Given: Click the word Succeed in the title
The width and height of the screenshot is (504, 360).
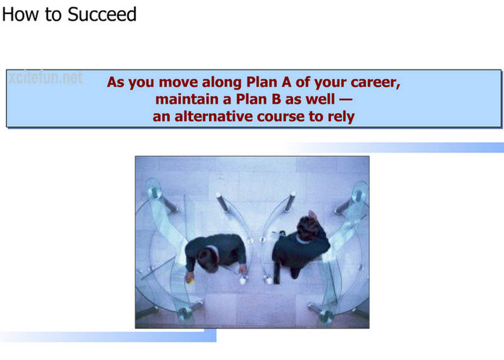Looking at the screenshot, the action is [x=102, y=15].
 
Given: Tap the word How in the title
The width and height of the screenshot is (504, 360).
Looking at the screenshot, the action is [x=20, y=15].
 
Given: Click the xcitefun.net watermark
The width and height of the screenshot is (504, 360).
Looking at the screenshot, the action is [x=45, y=78].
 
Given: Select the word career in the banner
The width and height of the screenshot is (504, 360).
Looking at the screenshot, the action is [x=375, y=83].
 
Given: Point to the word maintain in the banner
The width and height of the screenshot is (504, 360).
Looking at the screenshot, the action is [x=186, y=99].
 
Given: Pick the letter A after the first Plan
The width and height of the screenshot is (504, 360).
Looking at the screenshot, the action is [x=286, y=82].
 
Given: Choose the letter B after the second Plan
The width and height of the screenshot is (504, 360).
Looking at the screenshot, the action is [x=276, y=99].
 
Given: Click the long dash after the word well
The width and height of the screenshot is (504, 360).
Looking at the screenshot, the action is [x=346, y=100].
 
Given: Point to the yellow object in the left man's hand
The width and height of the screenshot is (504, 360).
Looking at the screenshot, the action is [x=191, y=282].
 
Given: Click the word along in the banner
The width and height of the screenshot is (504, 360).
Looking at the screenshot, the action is [x=222, y=83].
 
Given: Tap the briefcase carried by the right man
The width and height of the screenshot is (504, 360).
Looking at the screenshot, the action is [x=277, y=274].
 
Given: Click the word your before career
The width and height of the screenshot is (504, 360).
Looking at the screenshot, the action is [x=330, y=83].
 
